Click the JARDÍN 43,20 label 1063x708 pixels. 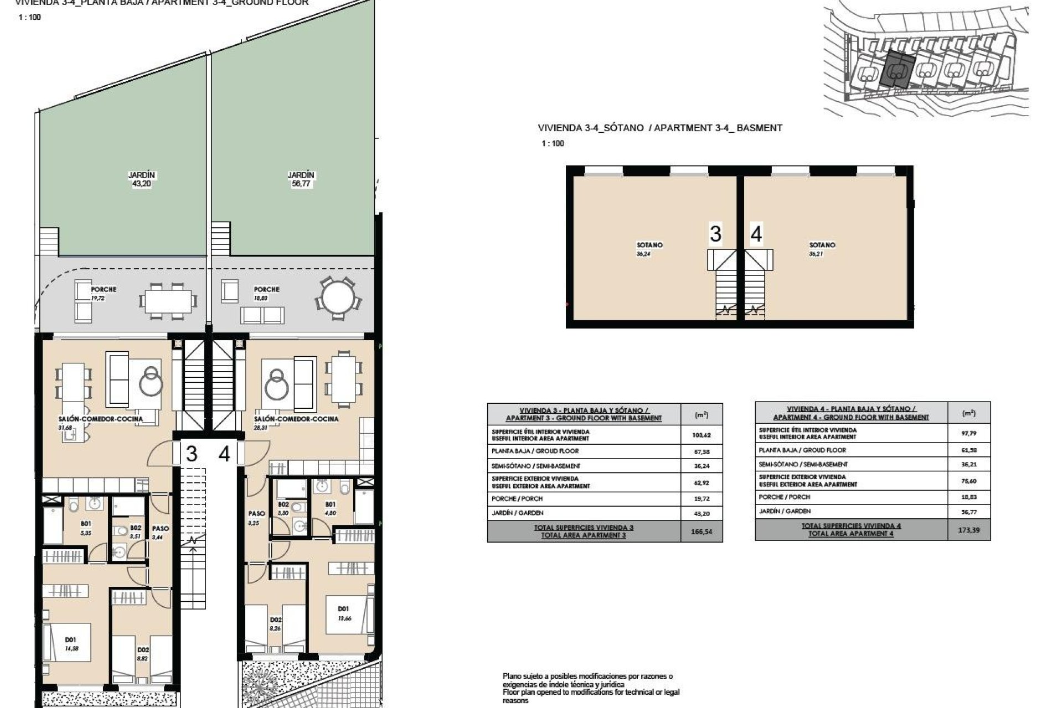tap(142, 179)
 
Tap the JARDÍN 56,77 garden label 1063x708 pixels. tap(301, 179)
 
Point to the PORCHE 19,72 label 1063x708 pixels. tap(104, 293)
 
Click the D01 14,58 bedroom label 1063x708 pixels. tap(71, 644)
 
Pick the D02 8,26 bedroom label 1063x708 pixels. tap(276, 624)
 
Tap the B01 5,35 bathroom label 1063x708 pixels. tap(86, 527)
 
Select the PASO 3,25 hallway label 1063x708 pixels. tap(256, 518)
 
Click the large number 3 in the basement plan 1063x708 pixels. tap(715, 234)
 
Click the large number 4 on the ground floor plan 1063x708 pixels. tap(224, 454)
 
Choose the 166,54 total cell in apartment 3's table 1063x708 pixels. tap(701, 531)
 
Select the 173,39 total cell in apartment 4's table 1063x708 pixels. tap(969, 529)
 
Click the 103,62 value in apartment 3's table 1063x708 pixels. tap(701, 435)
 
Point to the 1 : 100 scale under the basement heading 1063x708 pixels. tap(553, 143)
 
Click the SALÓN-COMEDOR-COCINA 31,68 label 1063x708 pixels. tap(101, 422)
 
